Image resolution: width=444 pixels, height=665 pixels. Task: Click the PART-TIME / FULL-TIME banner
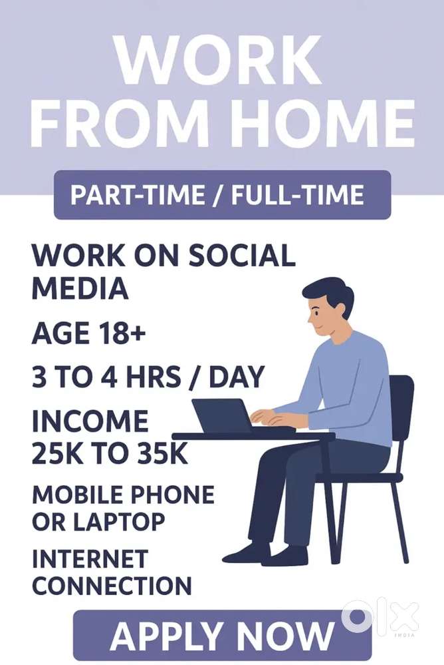click(x=222, y=195)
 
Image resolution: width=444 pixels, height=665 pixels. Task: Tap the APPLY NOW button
click(x=222, y=635)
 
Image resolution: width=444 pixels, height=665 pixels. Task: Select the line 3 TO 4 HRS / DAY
click(x=148, y=377)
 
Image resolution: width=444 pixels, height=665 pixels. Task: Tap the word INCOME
click(x=90, y=421)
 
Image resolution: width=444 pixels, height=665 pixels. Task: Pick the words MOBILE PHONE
click(x=123, y=495)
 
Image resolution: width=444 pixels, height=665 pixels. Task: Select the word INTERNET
click(x=90, y=558)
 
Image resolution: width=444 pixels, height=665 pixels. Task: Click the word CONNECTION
click(x=112, y=586)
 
